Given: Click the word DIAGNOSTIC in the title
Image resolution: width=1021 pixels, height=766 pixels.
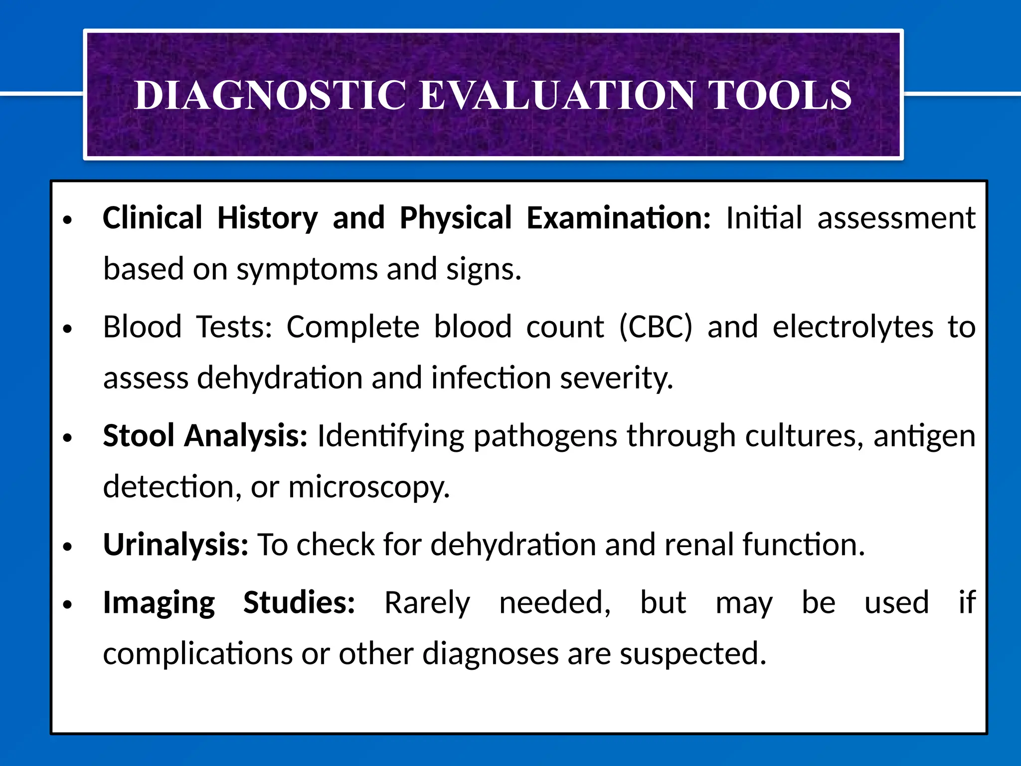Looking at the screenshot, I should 270,96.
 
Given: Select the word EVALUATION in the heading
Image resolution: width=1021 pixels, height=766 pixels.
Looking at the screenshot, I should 557,96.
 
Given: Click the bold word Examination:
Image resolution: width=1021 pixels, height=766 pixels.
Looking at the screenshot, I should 618,218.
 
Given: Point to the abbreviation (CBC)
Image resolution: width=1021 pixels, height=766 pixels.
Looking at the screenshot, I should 656,327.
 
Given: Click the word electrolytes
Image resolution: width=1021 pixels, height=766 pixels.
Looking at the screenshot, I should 852,327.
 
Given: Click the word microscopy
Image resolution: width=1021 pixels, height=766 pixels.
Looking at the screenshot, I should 369,487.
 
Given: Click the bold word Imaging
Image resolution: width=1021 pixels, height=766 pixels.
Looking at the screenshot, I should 159,603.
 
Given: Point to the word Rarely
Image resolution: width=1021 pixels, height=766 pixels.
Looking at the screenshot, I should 427,603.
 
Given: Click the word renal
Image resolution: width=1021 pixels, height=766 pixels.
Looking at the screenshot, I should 698,545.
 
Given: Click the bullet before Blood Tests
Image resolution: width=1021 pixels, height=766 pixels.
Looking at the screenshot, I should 68,329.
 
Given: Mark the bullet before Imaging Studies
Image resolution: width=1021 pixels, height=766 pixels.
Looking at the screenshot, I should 68,605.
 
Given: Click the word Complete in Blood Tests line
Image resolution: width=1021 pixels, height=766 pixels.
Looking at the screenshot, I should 352,327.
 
